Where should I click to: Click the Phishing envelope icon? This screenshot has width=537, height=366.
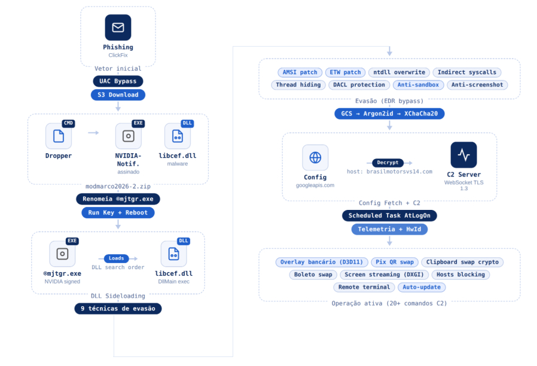click(x=118, y=28)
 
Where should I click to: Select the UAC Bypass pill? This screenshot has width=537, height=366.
click(x=118, y=81)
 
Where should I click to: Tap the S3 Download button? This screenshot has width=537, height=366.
click(x=118, y=94)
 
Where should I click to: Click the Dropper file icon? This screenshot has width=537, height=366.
click(x=59, y=136)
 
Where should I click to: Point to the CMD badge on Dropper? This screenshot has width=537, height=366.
click(x=68, y=123)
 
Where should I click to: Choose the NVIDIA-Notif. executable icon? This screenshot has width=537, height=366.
click(x=128, y=136)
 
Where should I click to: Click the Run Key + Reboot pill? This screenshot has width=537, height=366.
click(x=118, y=212)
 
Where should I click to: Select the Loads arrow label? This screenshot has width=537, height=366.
click(x=117, y=258)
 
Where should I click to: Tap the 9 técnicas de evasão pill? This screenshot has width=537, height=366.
click(x=118, y=309)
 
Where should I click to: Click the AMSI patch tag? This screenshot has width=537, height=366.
click(x=300, y=72)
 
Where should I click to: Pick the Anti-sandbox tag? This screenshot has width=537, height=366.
click(x=419, y=85)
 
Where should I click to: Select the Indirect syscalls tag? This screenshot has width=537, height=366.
click(x=466, y=72)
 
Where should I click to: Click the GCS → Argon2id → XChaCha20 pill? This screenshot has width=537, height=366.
click(x=389, y=113)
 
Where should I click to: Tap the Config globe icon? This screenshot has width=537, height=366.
click(x=315, y=157)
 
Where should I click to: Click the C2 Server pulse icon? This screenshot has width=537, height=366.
click(x=463, y=155)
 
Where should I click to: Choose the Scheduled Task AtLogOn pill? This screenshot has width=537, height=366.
click(x=389, y=215)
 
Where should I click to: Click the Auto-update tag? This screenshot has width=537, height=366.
click(x=422, y=287)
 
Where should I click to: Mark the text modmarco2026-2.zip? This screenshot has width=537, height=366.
click(x=118, y=186)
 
